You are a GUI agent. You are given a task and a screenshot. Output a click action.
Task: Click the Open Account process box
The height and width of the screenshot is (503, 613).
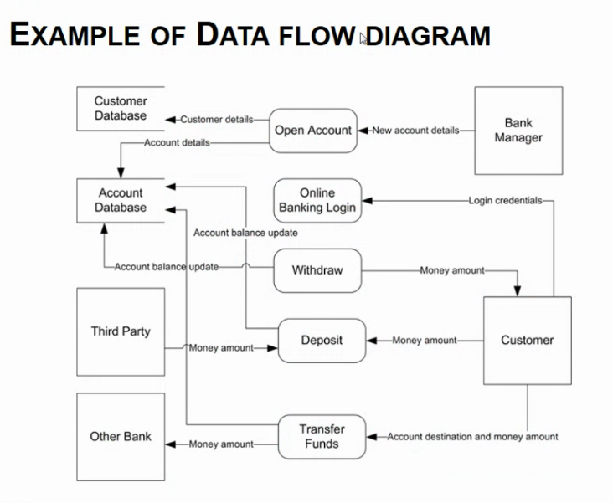coord(313,131)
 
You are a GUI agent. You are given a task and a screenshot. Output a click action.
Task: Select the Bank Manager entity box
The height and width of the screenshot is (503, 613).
coord(518,131)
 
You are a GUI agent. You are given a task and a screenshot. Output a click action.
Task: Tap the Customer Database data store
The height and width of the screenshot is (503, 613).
coord(121,109)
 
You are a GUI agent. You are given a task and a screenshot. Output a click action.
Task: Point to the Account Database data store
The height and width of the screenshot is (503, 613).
coord(121,200)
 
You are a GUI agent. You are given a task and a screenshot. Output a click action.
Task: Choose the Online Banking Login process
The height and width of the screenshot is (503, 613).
coord(317,200)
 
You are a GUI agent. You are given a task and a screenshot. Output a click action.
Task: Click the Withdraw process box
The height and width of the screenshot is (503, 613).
coord(317,270)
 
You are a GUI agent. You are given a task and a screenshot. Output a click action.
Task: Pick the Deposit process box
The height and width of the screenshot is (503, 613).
coord(322,341)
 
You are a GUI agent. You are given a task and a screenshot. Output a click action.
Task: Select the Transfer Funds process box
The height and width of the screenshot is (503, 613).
coord(322,436)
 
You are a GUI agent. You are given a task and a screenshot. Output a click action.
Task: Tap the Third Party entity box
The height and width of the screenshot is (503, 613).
coord(121,331)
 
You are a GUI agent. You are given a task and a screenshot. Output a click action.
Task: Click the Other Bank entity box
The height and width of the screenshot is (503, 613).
coord(121,436)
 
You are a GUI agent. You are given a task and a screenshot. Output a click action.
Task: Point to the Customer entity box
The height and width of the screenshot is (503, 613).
coord(527,340)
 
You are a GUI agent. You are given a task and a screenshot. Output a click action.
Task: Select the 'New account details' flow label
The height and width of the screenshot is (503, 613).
coord(415,131)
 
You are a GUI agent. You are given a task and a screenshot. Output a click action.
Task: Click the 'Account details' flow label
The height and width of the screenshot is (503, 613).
coord(177,143)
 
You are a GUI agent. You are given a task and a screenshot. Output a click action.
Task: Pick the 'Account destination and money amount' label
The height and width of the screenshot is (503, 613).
coord(472,437)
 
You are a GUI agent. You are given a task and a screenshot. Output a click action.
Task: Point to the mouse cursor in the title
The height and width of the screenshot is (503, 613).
coord(364,38)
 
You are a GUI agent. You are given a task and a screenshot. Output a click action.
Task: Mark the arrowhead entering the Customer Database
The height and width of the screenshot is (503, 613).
coord(170,120)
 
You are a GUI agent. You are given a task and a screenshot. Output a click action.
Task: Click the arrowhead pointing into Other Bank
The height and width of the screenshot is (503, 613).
coord(170,444)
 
